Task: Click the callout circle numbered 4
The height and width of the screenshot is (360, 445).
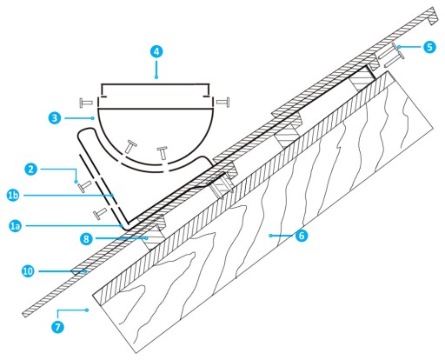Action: click(156, 52)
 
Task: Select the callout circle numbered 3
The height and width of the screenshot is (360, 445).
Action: click(55, 118)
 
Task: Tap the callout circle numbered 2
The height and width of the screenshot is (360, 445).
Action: click(30, 169)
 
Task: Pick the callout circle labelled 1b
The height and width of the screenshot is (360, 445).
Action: click(13, 196)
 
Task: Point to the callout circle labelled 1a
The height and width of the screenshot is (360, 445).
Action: click(15, 225)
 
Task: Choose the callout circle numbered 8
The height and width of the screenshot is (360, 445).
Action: click(86, 238)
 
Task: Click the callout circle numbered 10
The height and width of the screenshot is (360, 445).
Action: click(28, 271)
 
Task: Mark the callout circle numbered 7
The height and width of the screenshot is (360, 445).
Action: click(57, 327)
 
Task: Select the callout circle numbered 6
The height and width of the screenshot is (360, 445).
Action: click(302, 236)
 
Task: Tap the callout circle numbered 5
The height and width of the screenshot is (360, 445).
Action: click(429, 47)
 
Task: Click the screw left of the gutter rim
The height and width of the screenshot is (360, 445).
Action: click(86, 103)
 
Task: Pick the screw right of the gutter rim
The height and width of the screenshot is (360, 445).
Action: click(223, 102)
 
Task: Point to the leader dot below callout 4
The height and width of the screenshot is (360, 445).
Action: click(156, 77)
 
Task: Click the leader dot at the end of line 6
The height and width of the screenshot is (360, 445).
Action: click(270, 236)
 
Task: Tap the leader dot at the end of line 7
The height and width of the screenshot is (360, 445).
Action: click(87, 310)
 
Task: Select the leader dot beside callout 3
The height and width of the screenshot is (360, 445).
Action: click(92, 118)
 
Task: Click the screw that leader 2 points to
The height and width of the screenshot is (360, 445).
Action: click(84, 186)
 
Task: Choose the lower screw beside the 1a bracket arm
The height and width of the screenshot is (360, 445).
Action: click(100, 213)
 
